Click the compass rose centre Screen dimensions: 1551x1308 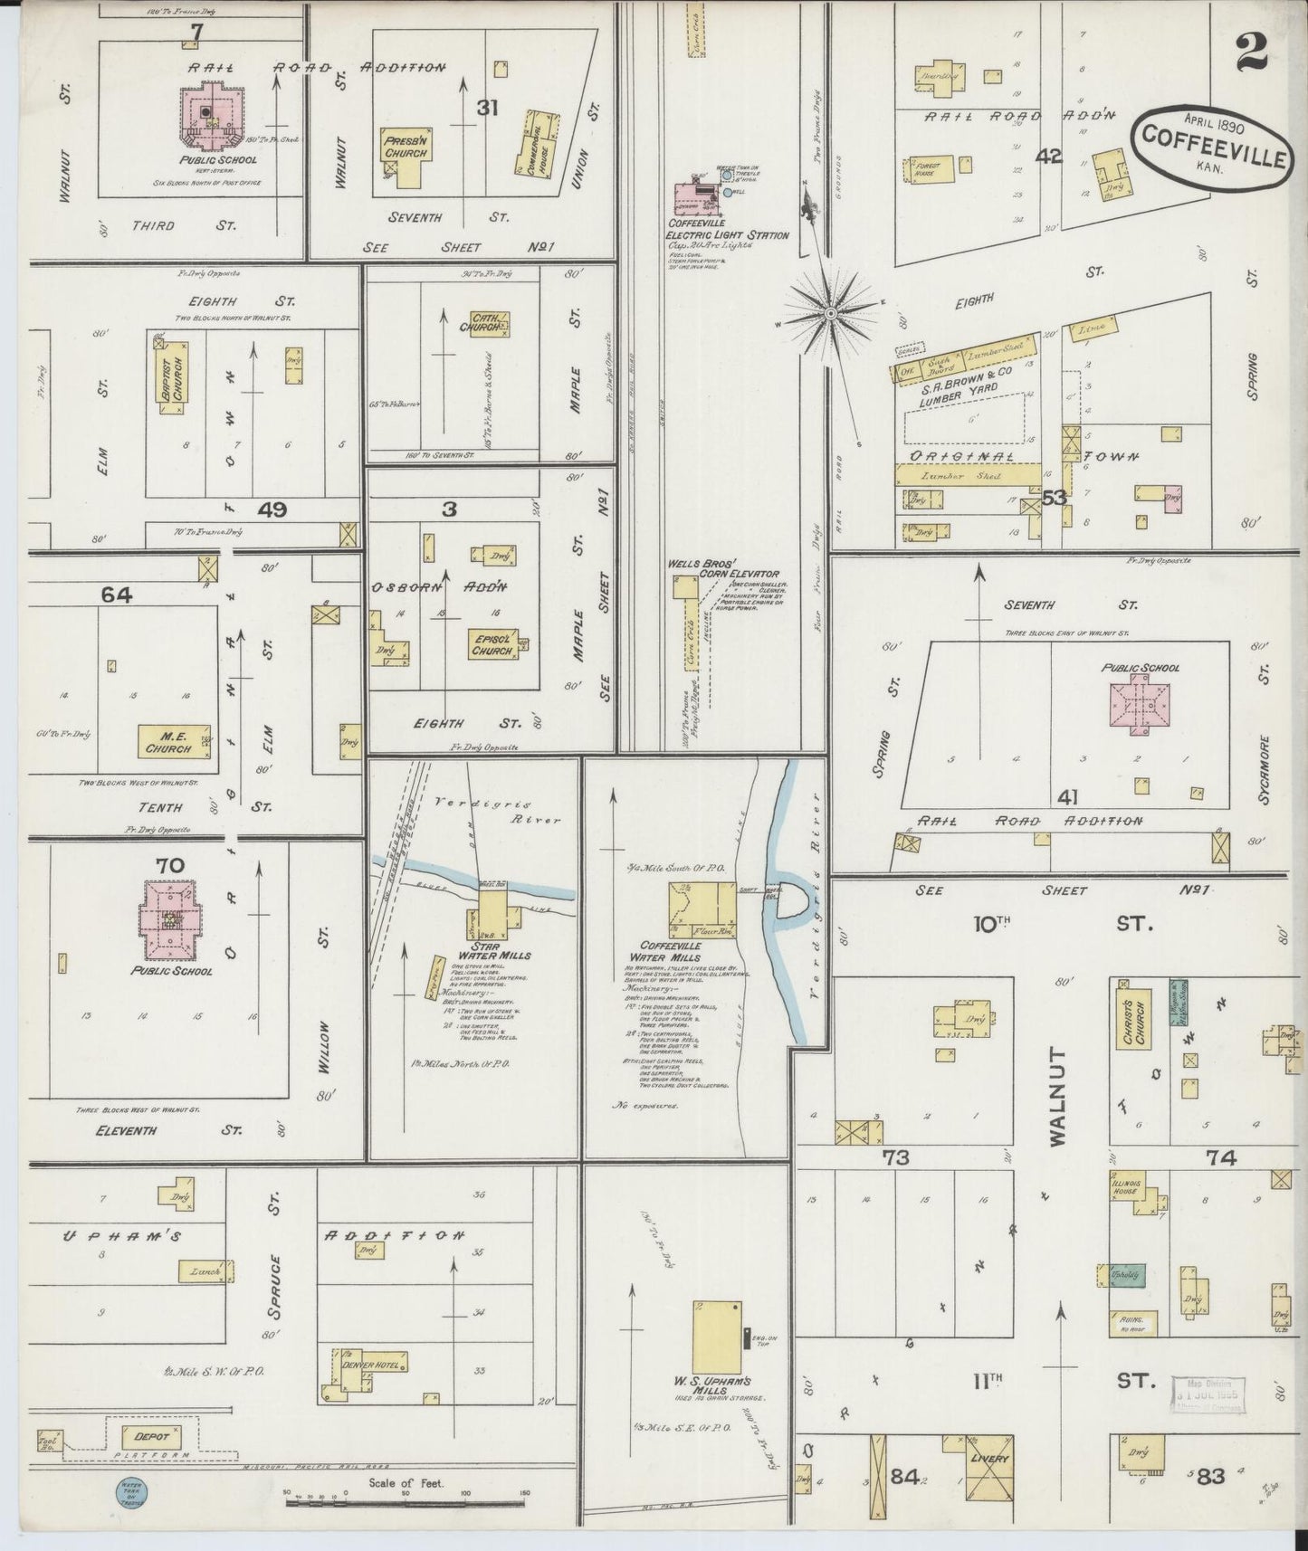(x=830, y=313)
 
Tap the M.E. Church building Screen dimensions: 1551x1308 (x=173, y=741)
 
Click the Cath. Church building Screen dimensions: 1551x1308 (x=491, y=325)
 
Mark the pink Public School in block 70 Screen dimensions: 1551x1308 (x=170, y=920)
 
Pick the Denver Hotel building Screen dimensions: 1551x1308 (x=371, y=1364)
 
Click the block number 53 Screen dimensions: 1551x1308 (x=1054, y=497)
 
